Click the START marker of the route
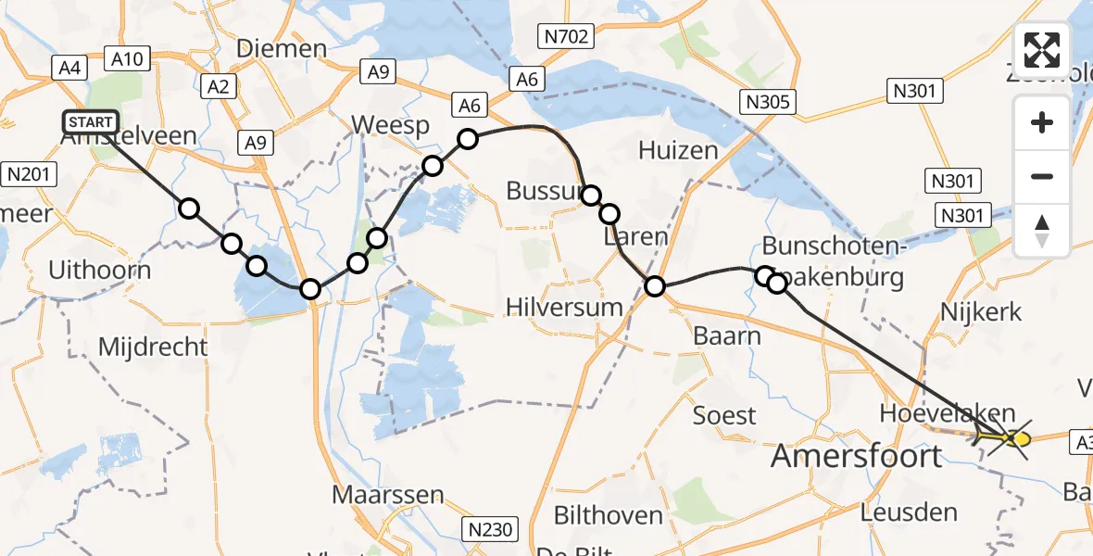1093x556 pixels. pyautogui.click(x=91, y=122)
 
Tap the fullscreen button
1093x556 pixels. pyautogui.click(x=1042, y=50)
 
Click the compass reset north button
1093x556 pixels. pyautogui.click(x=1042, y=231)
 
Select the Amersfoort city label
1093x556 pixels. pyautogui.click(x=857, y=455)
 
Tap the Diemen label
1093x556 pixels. pyautogui.click(x=282, y=48)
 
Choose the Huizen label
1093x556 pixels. pyautogui.click(x=678, y=150)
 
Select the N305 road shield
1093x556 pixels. pyautogui.click(x=766, y=101)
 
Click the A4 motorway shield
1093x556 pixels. pyautogui.click(x=69, y=67)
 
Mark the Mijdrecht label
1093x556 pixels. pyautogui.click(x=153, y=347)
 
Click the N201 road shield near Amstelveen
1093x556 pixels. pyautogui.click(x=31, y=173)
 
